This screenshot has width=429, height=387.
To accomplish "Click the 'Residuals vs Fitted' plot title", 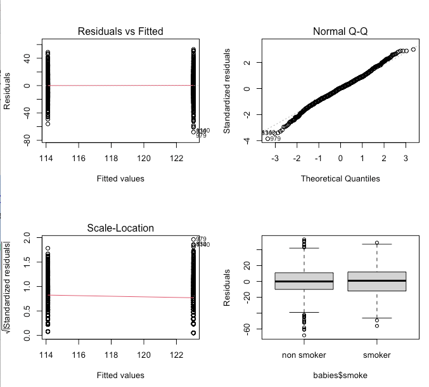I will (120, 31).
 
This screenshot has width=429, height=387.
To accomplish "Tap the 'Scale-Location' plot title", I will (120, 228).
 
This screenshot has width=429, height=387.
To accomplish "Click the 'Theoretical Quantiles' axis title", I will (340, 178).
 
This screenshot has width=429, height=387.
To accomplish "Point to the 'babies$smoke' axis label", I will (340, 375).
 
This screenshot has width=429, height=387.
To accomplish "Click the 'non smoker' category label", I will (304, 355).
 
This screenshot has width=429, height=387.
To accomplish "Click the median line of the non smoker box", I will (304, 281).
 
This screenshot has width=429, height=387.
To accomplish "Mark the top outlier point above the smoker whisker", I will (377, 243).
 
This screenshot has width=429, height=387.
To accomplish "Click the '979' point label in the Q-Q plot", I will (275, 138).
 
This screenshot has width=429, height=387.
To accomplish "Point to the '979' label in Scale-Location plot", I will (201, 239).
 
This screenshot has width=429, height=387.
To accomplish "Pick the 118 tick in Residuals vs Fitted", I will (112, 157).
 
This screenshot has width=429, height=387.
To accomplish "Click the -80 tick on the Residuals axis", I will (27, 139).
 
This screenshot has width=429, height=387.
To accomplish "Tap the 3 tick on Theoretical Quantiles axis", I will (406, 157).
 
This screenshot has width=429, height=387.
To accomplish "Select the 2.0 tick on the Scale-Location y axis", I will (27, 238).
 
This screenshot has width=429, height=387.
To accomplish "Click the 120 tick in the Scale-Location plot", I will (144, 354).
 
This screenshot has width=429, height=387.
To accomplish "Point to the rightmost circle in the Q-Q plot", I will (413, 49).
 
